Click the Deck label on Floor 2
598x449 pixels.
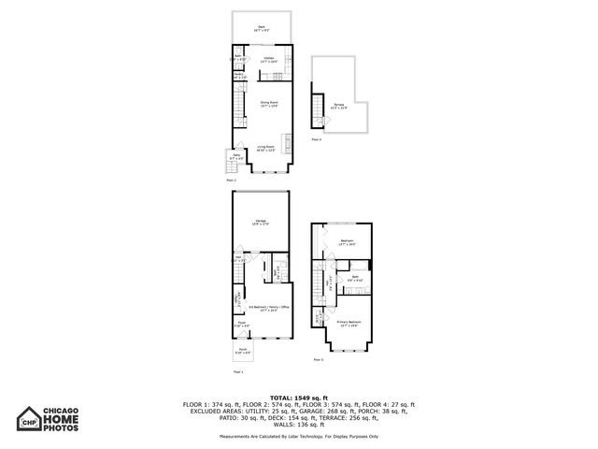(x=262, y=28)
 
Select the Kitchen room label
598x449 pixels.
(x=269, y=60)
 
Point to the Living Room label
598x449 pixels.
(x=265, y=147)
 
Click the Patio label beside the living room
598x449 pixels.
(x=236, y=158)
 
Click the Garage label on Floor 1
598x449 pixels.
(x=262, y=222)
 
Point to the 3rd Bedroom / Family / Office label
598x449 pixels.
(x=269, y=308)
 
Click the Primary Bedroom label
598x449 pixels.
(x=349, y=323)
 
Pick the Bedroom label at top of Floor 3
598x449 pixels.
(x=347, y=241)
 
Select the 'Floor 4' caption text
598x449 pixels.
(x=316, y=139)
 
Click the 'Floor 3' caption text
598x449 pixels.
(x=319, y=359)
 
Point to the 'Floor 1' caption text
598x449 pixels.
(x=237, y=369)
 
